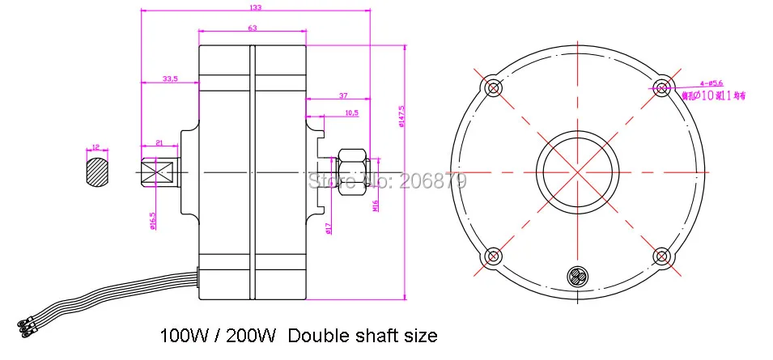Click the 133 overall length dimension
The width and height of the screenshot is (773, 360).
click(254, 8)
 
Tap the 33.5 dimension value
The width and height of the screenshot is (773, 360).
click(170, 78)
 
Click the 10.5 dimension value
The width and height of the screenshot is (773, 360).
click(351, 112)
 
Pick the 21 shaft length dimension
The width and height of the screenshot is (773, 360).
click(159, 142)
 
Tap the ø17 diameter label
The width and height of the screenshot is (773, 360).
click(327, 228)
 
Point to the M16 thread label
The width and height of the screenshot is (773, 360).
click(375, 208)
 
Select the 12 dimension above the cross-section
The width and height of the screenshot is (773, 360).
click(95, 147)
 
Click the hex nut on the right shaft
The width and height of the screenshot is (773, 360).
click(351, 172)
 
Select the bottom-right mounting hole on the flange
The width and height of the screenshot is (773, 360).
click(661, 256)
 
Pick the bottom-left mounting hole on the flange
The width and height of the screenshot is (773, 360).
click(491, 256)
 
